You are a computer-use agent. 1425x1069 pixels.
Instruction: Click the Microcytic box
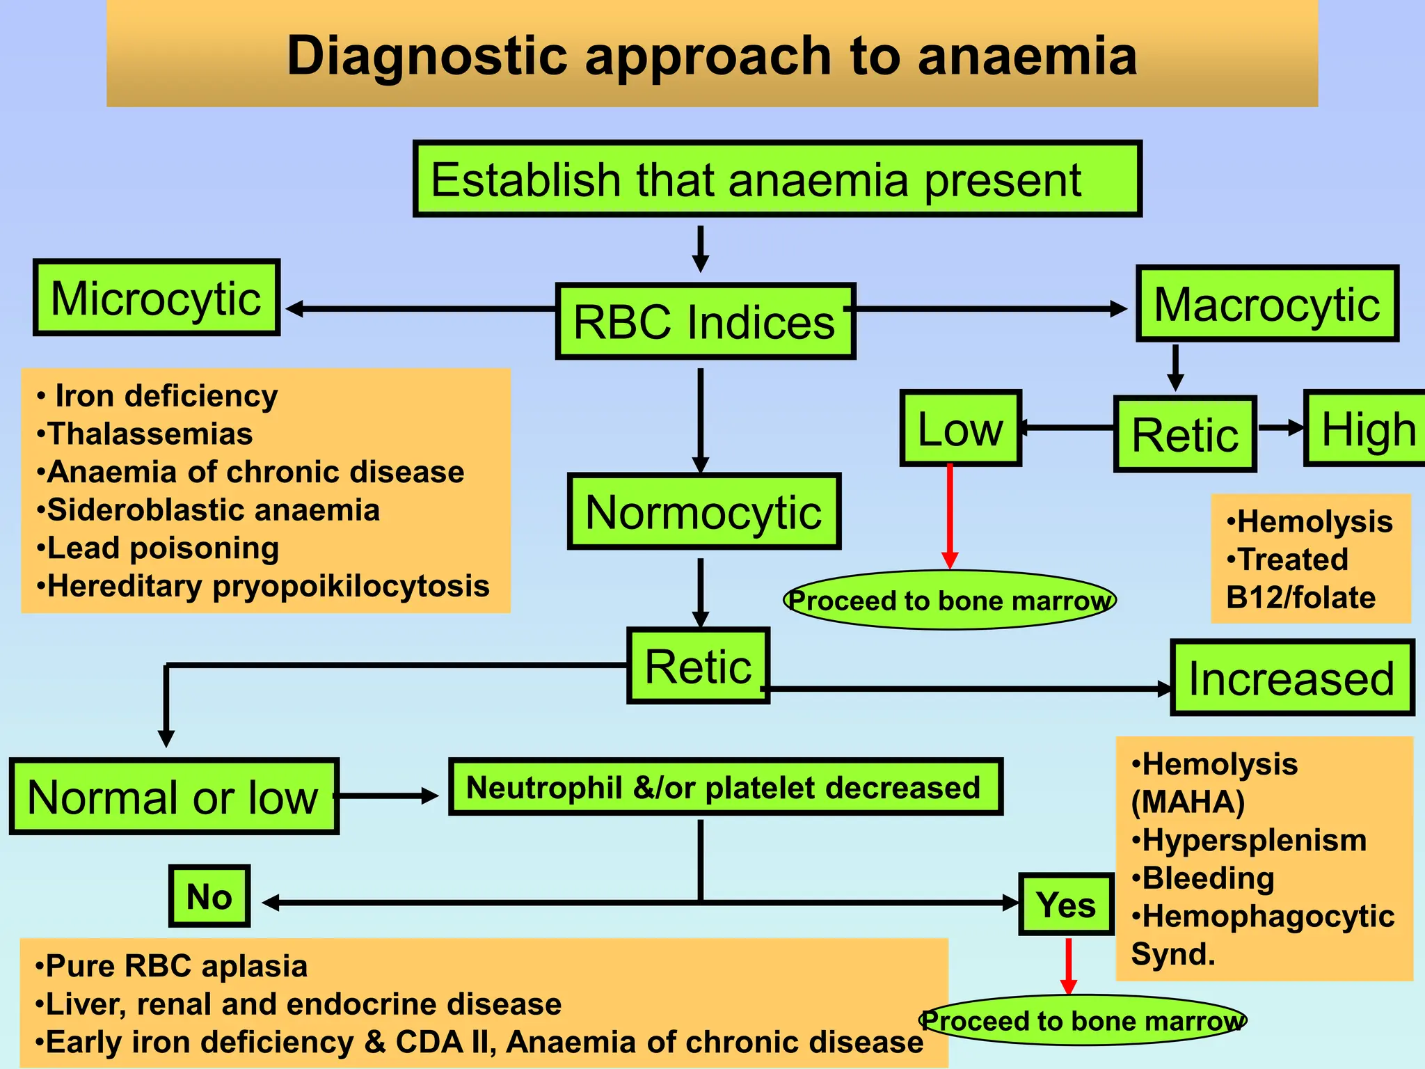157,298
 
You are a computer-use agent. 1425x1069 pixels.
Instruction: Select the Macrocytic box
1267,303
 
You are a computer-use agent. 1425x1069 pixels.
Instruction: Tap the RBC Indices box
705,322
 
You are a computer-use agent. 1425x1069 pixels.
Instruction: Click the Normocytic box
703,512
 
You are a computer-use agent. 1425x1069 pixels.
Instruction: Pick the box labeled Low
960,429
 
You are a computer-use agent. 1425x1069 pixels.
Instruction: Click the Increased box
1292,678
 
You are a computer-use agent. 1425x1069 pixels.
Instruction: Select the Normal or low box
174,797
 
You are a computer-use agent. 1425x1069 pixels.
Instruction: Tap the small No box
209,896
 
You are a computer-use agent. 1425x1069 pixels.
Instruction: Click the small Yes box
1066,904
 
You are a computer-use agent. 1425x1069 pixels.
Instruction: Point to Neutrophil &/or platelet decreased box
725,787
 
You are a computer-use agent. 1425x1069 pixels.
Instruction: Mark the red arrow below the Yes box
1069,966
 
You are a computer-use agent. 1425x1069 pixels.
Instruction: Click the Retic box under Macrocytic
1185,435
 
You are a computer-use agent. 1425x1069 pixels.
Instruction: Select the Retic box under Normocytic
698,666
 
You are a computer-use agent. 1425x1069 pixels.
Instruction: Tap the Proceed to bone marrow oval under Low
950,600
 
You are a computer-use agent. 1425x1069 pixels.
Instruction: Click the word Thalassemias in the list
150,434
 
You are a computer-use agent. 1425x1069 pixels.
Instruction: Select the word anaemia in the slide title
1027,56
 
